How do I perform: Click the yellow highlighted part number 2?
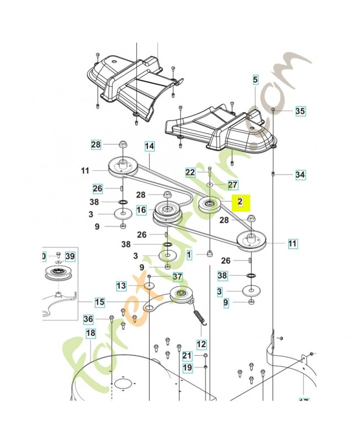[x=240, y=203]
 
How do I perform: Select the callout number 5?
[x=255, y=81]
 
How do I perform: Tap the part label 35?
[x=300, y=111]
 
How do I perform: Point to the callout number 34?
[x=300, y=175]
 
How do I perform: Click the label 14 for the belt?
[x=149, y=147]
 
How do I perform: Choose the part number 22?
[x=190, y=172]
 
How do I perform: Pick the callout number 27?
[x=232, y=184]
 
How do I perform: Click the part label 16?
[x=142, y=210]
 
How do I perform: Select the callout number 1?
[x=189, y=255]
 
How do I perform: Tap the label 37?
[x=177, y=277]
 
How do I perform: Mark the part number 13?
[x=121, y=286]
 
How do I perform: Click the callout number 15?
[x=99, y=302]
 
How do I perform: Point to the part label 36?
[x=88, y=319]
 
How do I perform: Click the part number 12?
[x=201, y=344]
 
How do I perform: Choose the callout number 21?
[x=187, y=356]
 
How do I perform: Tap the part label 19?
[x=187, y=367]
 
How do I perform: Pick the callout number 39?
[x=70, y=256]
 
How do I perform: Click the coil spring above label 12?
[x=199, y=320]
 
